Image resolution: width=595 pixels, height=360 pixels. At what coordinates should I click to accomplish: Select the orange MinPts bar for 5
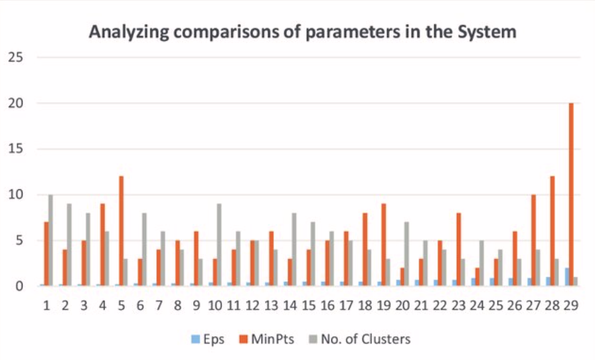[x=122, y=230]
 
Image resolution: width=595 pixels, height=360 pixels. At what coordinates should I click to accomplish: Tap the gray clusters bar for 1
[x=50, y=240]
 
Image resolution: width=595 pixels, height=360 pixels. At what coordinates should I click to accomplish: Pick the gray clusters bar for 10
[x=218, y=244]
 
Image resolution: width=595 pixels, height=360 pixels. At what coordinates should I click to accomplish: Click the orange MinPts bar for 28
[x=552, y=230]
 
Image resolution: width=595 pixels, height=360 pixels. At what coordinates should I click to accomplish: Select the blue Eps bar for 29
[x=565, y=276]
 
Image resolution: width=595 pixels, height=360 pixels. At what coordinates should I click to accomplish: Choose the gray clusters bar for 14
[x=294, y=249]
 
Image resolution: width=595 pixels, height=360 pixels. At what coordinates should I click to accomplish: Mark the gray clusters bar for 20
[x=406, y=254]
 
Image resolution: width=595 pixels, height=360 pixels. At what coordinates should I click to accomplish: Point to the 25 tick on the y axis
[x=16, y=57]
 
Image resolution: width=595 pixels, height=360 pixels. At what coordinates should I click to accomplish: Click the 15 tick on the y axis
[x=16, y=149]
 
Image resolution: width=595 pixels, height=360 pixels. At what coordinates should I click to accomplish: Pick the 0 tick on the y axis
[x=20, y=286]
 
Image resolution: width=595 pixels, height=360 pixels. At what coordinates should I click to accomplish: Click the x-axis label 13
[x=271, y=306]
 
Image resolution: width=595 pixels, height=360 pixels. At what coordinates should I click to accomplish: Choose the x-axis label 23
[x=458, y=306]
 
